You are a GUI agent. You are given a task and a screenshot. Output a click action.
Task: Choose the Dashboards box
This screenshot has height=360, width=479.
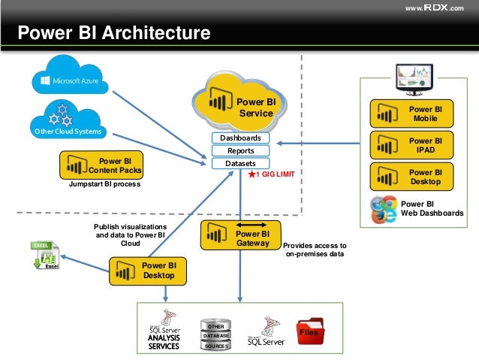240,138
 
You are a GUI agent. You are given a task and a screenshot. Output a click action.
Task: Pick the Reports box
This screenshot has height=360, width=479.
240,151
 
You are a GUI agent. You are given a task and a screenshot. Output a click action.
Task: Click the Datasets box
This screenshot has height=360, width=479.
240,163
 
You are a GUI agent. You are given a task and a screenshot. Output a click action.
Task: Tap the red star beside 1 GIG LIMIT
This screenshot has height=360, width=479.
252,174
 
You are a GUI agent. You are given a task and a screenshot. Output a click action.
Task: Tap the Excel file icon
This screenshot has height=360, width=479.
45,256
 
